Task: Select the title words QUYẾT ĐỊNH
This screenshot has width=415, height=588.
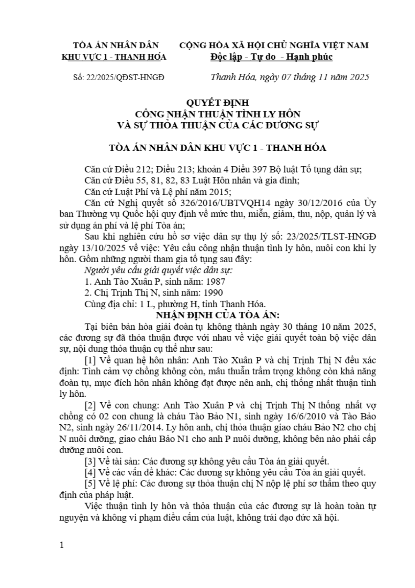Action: coord(218,103)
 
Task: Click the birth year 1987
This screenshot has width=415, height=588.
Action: coord(215,282)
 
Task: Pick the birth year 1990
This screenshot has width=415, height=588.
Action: coord(213,293)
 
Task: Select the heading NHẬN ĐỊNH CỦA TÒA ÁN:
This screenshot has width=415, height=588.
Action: coord(218,315)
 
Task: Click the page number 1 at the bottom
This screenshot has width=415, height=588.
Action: coord(62,545)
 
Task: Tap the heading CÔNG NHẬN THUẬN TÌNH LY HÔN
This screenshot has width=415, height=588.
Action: coord(218,114)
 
